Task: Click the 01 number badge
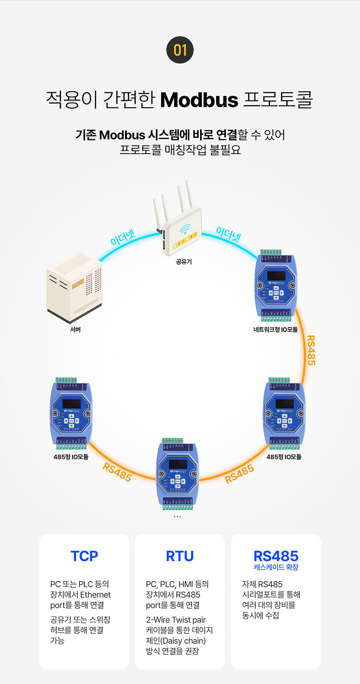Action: [180, 50]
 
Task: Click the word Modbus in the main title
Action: [199, 100]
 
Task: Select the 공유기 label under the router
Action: [184, 262]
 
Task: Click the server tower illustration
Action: [75, 287]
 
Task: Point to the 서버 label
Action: [75, 330]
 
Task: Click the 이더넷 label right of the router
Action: [228, 235]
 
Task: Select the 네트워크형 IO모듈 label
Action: [275, 330]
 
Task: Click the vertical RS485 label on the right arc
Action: [311, 350]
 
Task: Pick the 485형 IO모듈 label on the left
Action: [71, 457]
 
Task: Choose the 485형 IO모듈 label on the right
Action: [284, 457]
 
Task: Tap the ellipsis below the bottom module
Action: [177, 517]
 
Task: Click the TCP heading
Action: [84, 556]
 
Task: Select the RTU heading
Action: [180, 556]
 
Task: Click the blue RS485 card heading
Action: [276, 556]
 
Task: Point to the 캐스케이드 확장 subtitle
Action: [276, 567]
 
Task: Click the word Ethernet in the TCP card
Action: [95, 595]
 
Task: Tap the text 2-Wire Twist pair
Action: [176, 620]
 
